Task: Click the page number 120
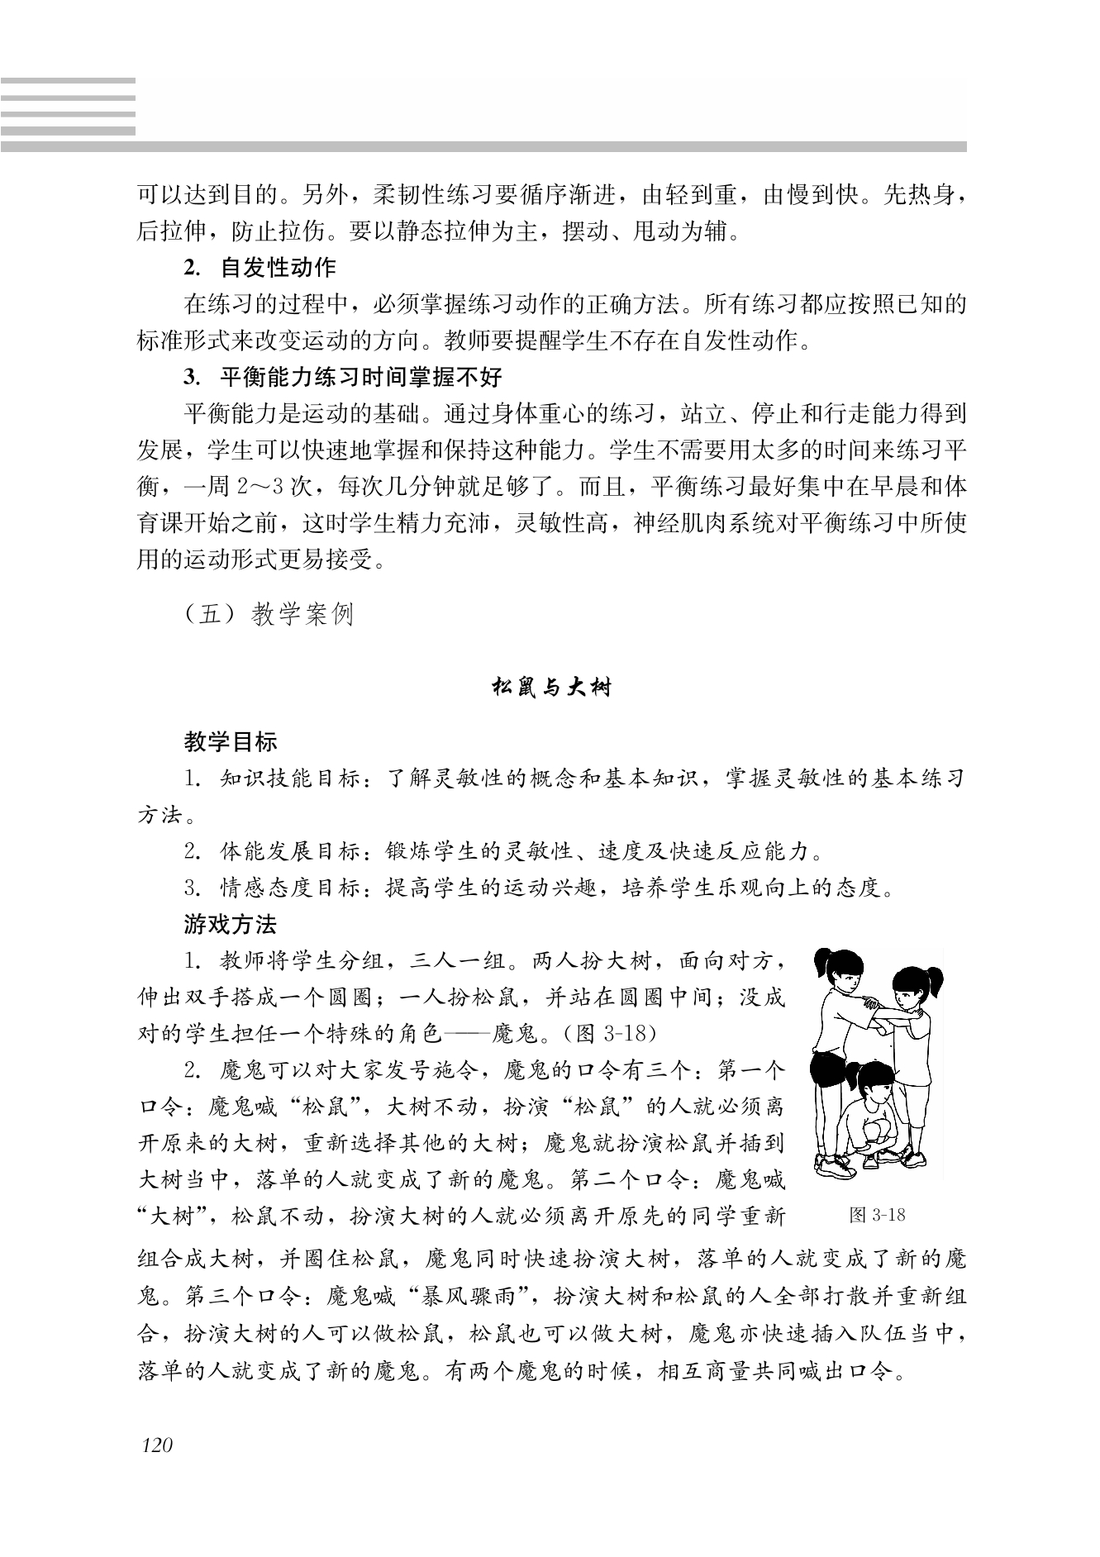[x=157, y=1445]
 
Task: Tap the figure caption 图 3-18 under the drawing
[x=877, y=1215]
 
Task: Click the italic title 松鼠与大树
[x=550, y=687]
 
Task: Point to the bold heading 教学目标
[x=231, y=741]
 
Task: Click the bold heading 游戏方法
[x=231, y=924]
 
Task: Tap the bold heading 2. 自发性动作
[x=260, y=268]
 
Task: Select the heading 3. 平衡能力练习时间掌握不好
[x=343, y=378]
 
